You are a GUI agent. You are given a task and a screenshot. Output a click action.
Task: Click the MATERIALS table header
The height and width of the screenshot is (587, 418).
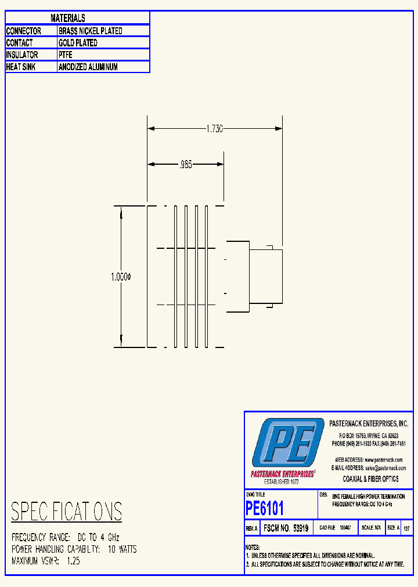point(68,19)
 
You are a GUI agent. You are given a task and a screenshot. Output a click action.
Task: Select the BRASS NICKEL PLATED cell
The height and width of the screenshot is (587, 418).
point(90,31)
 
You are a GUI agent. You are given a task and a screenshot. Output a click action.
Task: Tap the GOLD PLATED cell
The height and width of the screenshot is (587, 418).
point(78,43)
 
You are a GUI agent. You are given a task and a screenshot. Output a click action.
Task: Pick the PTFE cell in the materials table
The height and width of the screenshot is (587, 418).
point(65,55)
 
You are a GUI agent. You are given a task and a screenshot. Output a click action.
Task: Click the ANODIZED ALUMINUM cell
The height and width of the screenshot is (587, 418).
point(88,67)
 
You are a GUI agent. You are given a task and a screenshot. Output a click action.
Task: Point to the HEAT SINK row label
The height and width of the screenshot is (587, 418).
point(22,67)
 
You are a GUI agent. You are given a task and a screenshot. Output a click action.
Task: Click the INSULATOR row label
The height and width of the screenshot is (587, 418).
point(22,55)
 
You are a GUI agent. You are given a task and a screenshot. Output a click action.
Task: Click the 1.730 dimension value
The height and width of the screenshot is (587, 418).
point(214,129)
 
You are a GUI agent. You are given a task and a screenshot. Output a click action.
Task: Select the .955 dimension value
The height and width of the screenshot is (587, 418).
point(185,165)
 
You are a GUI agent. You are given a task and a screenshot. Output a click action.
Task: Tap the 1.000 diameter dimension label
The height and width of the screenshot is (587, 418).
point(121,278)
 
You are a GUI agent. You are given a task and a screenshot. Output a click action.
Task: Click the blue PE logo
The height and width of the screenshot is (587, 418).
point(288,445)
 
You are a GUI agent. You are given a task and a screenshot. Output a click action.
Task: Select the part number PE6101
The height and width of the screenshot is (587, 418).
point(265,509)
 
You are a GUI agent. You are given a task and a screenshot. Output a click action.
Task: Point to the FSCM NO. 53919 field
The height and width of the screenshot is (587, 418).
point(286,528)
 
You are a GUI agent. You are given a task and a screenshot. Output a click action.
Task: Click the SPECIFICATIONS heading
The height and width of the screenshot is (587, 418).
point(67,512)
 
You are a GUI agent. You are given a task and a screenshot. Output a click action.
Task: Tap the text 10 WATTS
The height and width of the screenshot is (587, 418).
point(122,549)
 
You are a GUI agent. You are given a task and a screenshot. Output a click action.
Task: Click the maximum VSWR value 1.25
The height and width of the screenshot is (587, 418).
point(73,561)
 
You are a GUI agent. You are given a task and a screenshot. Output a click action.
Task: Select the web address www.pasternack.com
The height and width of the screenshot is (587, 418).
point(385,459)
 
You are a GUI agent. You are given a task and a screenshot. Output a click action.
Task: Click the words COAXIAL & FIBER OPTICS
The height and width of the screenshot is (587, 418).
point(370,479)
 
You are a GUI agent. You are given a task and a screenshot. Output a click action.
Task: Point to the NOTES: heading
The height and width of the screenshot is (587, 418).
point(253,548)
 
